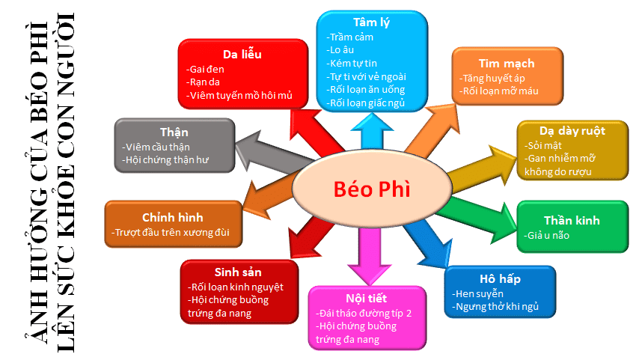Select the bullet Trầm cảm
pyautogui.click(x=351, y=37)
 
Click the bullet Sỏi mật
pyautogui.click(x=543, y=144)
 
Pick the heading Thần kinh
pyautogui.click(x=572, y=220)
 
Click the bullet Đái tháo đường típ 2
pyautogui.click(x=364, y=313)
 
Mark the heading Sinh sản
pyautogui.click(x=238, y=271)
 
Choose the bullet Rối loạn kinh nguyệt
pyautogui.click(x=235, y=287)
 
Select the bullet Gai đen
pyautogui.click(x=206, y=70)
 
